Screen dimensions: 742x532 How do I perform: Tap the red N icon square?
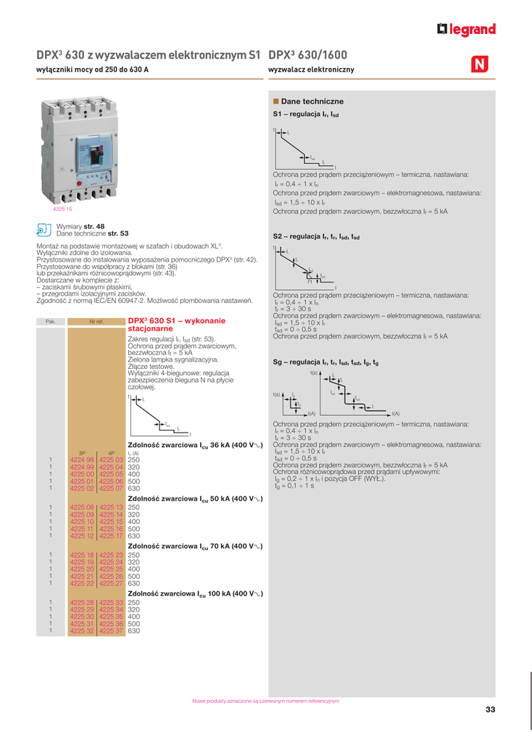click(480, 64)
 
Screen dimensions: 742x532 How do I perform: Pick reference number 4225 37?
click(112, 631)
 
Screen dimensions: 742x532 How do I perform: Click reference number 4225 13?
click(112, 507)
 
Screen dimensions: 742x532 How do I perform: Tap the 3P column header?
click(82, 453)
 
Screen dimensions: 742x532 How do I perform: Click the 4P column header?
click(112, 453)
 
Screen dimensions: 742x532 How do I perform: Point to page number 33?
click(491, 709)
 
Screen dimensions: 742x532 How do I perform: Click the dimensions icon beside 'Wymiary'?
click(43, 230)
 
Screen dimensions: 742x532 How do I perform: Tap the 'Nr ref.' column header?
click(96, 321)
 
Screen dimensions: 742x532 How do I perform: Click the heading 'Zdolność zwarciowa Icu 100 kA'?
click(194, 593)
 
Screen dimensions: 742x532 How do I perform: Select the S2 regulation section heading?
click(316, 237)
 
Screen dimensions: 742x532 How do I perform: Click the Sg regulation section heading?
click(325, 362)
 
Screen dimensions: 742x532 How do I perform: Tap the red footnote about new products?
click(265, 701)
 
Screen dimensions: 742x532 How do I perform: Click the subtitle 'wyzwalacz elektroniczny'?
click(311, 70)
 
